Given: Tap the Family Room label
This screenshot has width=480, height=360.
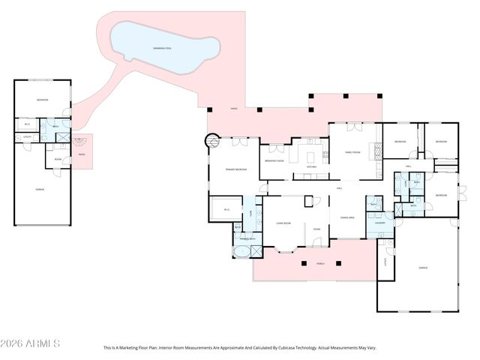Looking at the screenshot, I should [x=352, y=152].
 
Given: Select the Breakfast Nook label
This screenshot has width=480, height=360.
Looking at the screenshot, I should [x=274, y=160].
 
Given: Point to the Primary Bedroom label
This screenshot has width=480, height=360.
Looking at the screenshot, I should [x=236, y=170].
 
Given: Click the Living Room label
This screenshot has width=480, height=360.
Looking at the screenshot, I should [x=283, y=223].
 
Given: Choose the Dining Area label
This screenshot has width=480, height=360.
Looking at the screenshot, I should [x=347, y=217].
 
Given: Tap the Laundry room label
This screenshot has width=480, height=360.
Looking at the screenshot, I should [x=380, y=223].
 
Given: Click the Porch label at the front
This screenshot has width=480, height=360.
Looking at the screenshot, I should [x=320, y=264].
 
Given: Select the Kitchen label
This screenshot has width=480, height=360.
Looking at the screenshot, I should [x=310, y=166].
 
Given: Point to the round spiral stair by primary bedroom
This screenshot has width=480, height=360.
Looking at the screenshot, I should [x=211, y=139].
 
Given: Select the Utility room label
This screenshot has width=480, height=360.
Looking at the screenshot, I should [x=26, y=137].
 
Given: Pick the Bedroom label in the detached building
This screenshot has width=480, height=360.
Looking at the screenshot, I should [x=43, y=100].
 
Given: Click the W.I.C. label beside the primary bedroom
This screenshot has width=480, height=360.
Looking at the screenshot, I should [x=226, y=210].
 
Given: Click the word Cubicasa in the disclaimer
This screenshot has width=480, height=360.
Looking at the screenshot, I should [x=289, y=348].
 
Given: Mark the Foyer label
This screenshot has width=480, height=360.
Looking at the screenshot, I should [x=316, y=229].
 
